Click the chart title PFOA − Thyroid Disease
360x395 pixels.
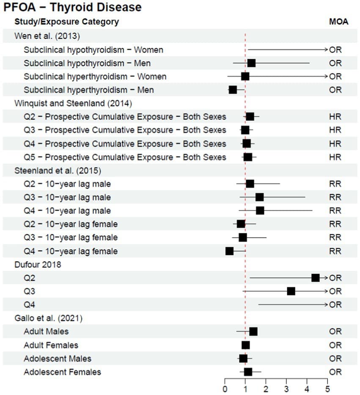(x=72, y=7)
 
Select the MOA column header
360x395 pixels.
(x=338, y=22)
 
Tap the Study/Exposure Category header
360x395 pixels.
(x=67, y=22)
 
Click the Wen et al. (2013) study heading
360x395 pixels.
(x=47, y=36)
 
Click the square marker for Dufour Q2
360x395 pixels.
(x=315, y=278)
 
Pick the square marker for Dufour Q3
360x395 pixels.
(x=291, y=291)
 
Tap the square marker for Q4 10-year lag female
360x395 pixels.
(x=229, y=251)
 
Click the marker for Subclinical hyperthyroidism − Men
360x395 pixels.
(x=233, y=90)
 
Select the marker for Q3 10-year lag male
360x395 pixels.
(x=259, y=197)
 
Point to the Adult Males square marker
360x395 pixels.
(x=253, y=332)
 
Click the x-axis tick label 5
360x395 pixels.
(x=327, y=389)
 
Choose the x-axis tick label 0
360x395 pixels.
(x=225, y=389)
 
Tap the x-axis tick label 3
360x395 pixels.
(x=286, y=389)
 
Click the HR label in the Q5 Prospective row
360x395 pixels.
(x=335, y=157)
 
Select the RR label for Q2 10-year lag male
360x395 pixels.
(x=335, y=184)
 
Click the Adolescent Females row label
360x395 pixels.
(x=62, y=372)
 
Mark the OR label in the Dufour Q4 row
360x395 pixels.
(x=335, y=305)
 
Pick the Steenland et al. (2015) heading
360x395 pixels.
(x=58, y=171)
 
